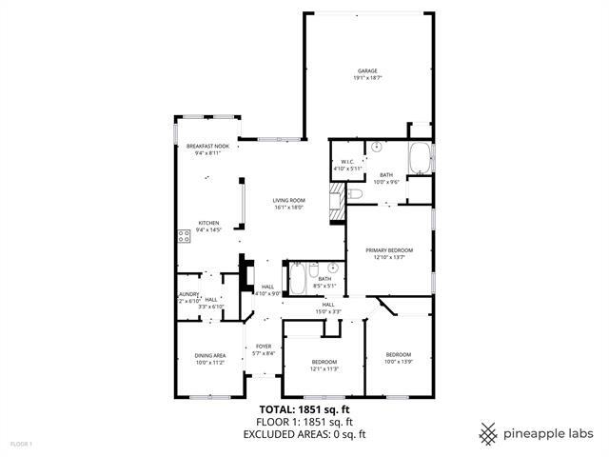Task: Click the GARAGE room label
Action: click(367, 71)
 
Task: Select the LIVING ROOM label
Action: click(288, 200)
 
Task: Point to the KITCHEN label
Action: click(207, 223)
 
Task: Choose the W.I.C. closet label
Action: click(347, 162)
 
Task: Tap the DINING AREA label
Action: click(209, 356)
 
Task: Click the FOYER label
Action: click(264, 347)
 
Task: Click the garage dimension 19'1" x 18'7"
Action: click(367, 78)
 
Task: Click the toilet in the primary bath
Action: click(354, 194)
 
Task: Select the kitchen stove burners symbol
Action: click(182, 236)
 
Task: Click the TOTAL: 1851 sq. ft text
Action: click(304, 408)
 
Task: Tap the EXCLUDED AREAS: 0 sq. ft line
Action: click(304, 434)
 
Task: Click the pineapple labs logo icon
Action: click(488, 433)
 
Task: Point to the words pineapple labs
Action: click(549, 433)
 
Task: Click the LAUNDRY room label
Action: click(187, 295)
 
